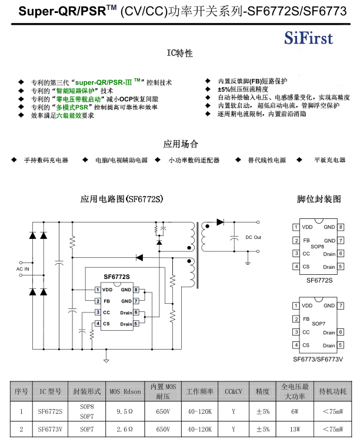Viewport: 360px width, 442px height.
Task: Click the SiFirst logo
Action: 308,38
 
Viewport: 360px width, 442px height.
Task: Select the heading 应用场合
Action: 180,144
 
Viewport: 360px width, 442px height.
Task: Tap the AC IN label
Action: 22,268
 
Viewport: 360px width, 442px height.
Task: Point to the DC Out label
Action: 254,237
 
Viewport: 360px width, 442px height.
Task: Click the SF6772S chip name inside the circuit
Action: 116,276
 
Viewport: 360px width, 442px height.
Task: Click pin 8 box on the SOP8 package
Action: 341,227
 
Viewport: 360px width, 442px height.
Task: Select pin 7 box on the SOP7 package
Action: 341,305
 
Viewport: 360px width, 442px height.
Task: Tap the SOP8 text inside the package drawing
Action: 318,246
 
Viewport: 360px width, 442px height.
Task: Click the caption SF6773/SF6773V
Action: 318,358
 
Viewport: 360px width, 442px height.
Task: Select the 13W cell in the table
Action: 295,430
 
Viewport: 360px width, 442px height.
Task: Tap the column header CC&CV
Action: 234,391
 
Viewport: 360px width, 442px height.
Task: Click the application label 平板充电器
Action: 329,160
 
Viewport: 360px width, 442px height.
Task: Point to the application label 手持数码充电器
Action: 46,160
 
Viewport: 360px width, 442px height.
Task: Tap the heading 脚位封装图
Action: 319,199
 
